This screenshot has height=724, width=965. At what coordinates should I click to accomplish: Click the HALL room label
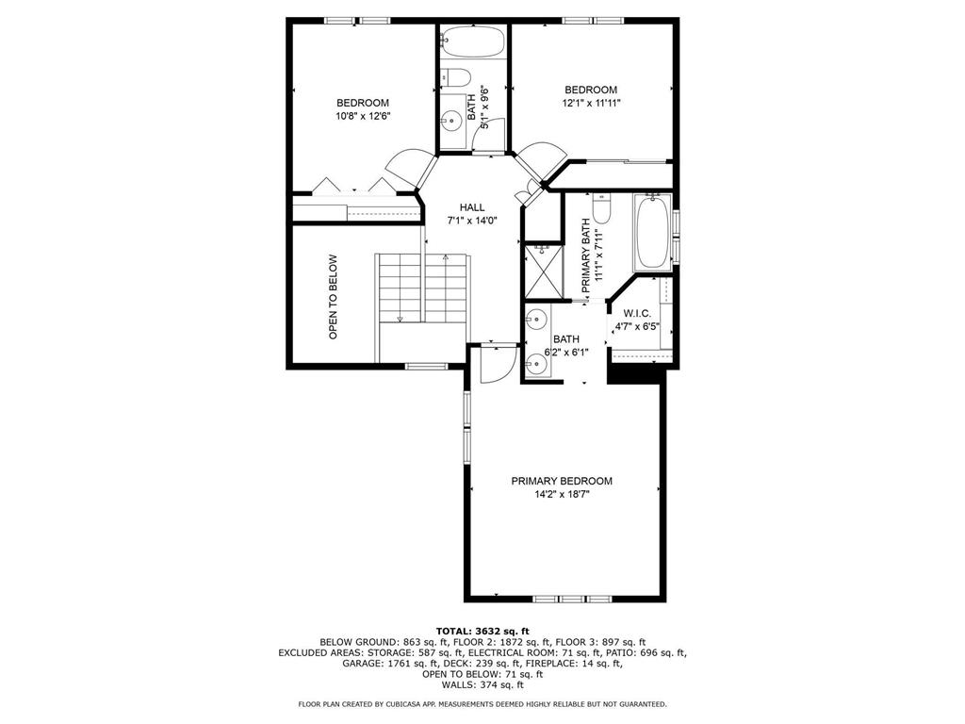pyautogui.click(x=472, y=207)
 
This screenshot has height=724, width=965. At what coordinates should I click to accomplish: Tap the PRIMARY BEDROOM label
pyautogui.click(x=562, y=481)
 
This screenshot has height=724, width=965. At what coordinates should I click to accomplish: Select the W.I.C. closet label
pyautogui.click(x=637, y=313)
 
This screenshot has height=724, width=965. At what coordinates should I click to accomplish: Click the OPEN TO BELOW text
pyautogui.click(x=333, y=297)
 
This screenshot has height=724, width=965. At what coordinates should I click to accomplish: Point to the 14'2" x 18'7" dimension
pyautogui.click(x=562, y=494)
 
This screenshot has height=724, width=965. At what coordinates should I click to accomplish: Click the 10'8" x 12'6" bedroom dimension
pyautogui.click(x=363, y=116)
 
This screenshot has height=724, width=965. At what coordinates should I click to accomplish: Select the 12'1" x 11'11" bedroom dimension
pyautogui.click(x=591, y=103)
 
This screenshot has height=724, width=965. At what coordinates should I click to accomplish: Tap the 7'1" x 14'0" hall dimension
pyautogui.click(x=472, y=221)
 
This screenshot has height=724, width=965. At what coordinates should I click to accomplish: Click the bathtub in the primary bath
pyautogui.click(x=654, y=232)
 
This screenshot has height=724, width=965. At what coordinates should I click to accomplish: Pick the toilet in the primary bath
pyautogui.click(x=601, y=208)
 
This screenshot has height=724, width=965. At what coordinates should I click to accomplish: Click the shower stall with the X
pyautogui.click(x=542, y=271)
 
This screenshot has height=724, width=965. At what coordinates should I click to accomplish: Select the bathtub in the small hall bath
pyautogui.click(x=473, y=41)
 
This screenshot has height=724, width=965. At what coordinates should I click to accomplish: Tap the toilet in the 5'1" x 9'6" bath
pyautogui.click(x=455, y=77)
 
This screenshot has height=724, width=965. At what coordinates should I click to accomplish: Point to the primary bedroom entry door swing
pyautogui.click(x=498, y=363)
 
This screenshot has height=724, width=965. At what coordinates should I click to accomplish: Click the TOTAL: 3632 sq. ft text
pyautogui.click(x=482, y=631)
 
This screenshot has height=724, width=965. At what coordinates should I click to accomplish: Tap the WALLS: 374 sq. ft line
pyautogui.click(x=482, y=684)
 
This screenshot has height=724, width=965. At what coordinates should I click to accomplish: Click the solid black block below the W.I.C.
pyautogui.click(x=636, y=375)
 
